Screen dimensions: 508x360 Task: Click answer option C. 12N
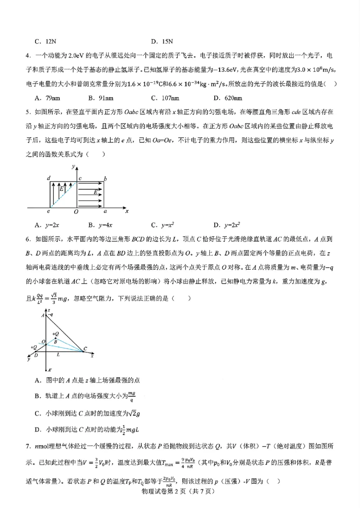(x=45, y=42)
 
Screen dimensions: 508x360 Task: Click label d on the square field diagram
(x=49, y=178)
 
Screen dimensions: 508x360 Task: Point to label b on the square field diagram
(x=105, y=179)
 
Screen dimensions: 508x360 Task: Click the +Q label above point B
(x=55, y=334)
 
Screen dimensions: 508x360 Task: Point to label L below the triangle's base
(x=58, y=355)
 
